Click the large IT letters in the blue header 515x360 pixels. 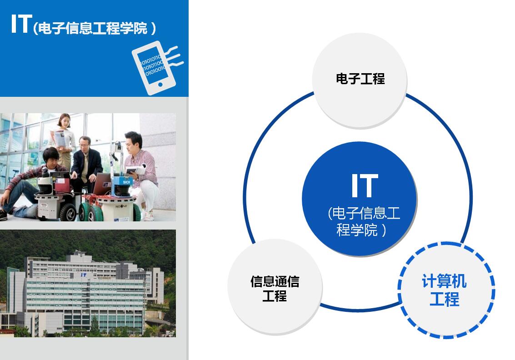[x=21, y=24]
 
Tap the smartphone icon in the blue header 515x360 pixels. [x=157, y=68]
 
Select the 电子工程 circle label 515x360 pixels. [x=360, y=79]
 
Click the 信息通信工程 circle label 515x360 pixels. [x=275, y=289]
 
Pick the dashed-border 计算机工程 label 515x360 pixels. [x=444, y=290]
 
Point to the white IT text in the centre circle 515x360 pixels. [x=365, y=185]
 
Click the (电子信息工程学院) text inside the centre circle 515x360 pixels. [x=364, y=221]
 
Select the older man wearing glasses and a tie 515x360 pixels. [x=86, y=161]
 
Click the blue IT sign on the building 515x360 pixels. [x=84, y=275]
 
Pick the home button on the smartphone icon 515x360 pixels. [x=160, y=85]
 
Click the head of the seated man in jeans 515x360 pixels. [x=51, y=157]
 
